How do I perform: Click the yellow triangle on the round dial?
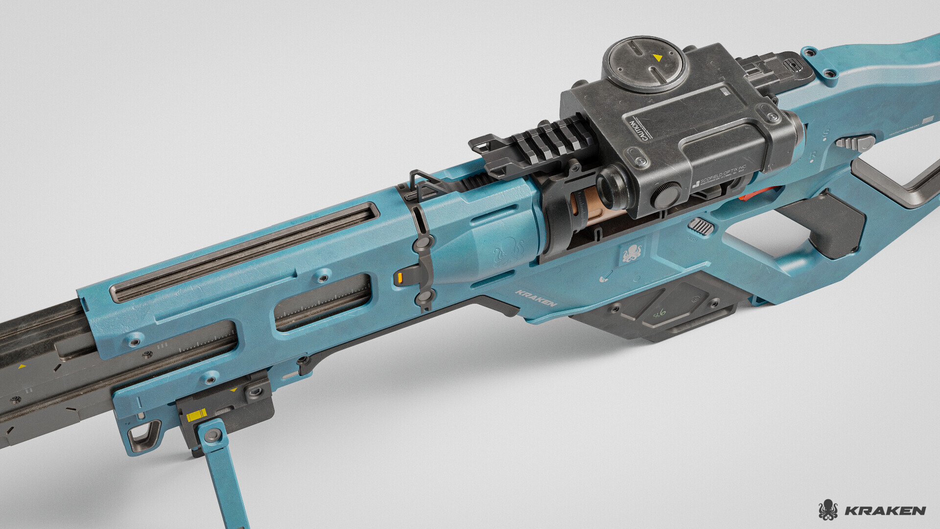[x=658, y=58]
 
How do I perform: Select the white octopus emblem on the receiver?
[x=632, y=253]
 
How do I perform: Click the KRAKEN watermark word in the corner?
[x=885, y=511]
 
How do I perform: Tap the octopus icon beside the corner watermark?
[x=827, y=510]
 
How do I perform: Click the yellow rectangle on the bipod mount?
[x=196, y=415]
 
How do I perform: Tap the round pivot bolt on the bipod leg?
[x=212, y=435]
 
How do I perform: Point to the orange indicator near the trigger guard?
[x=749, y=196]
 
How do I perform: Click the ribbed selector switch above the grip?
[x=701, y=226]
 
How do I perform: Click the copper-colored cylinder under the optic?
[x=587, y=208]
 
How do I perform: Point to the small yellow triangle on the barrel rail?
[x=22, y=366]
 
